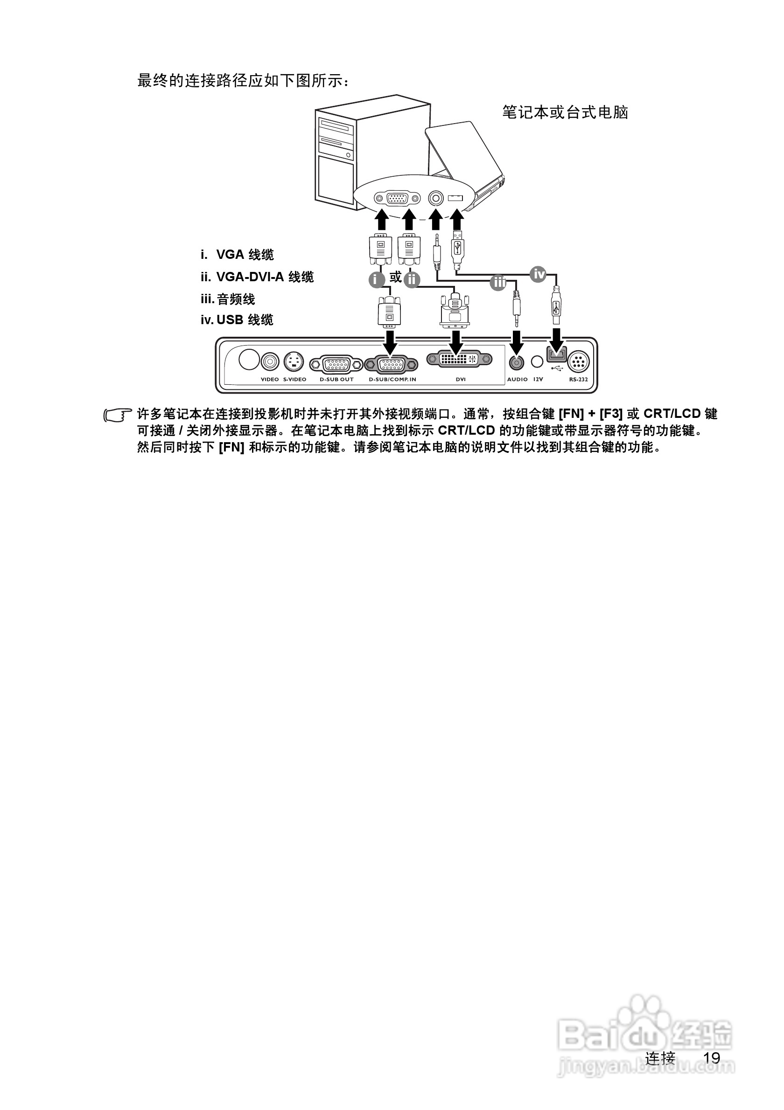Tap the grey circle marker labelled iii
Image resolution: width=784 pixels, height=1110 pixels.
coord(497,282)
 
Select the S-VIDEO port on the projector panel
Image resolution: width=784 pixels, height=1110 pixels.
coord(294,361)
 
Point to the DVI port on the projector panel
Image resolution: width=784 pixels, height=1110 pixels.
coord(459,359)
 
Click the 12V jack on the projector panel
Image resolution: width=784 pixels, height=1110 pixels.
coord(537,361)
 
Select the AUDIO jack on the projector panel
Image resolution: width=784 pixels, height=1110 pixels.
coord(517,362)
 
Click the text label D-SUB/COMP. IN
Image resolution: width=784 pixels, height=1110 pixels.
coord(392,380)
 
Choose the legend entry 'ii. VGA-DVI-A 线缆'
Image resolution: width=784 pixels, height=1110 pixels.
coord(257,277)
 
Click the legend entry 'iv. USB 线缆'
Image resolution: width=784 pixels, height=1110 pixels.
coord(237,319)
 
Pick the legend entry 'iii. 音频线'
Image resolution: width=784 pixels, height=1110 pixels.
coord(228,299)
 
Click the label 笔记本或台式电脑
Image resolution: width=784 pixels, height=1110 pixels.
coord(565,113)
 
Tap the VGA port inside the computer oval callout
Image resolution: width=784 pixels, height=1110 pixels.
coord(397,198)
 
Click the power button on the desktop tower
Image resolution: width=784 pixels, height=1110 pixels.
coord(349,155)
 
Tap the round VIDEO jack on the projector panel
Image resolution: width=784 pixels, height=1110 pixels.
coord(270,361)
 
